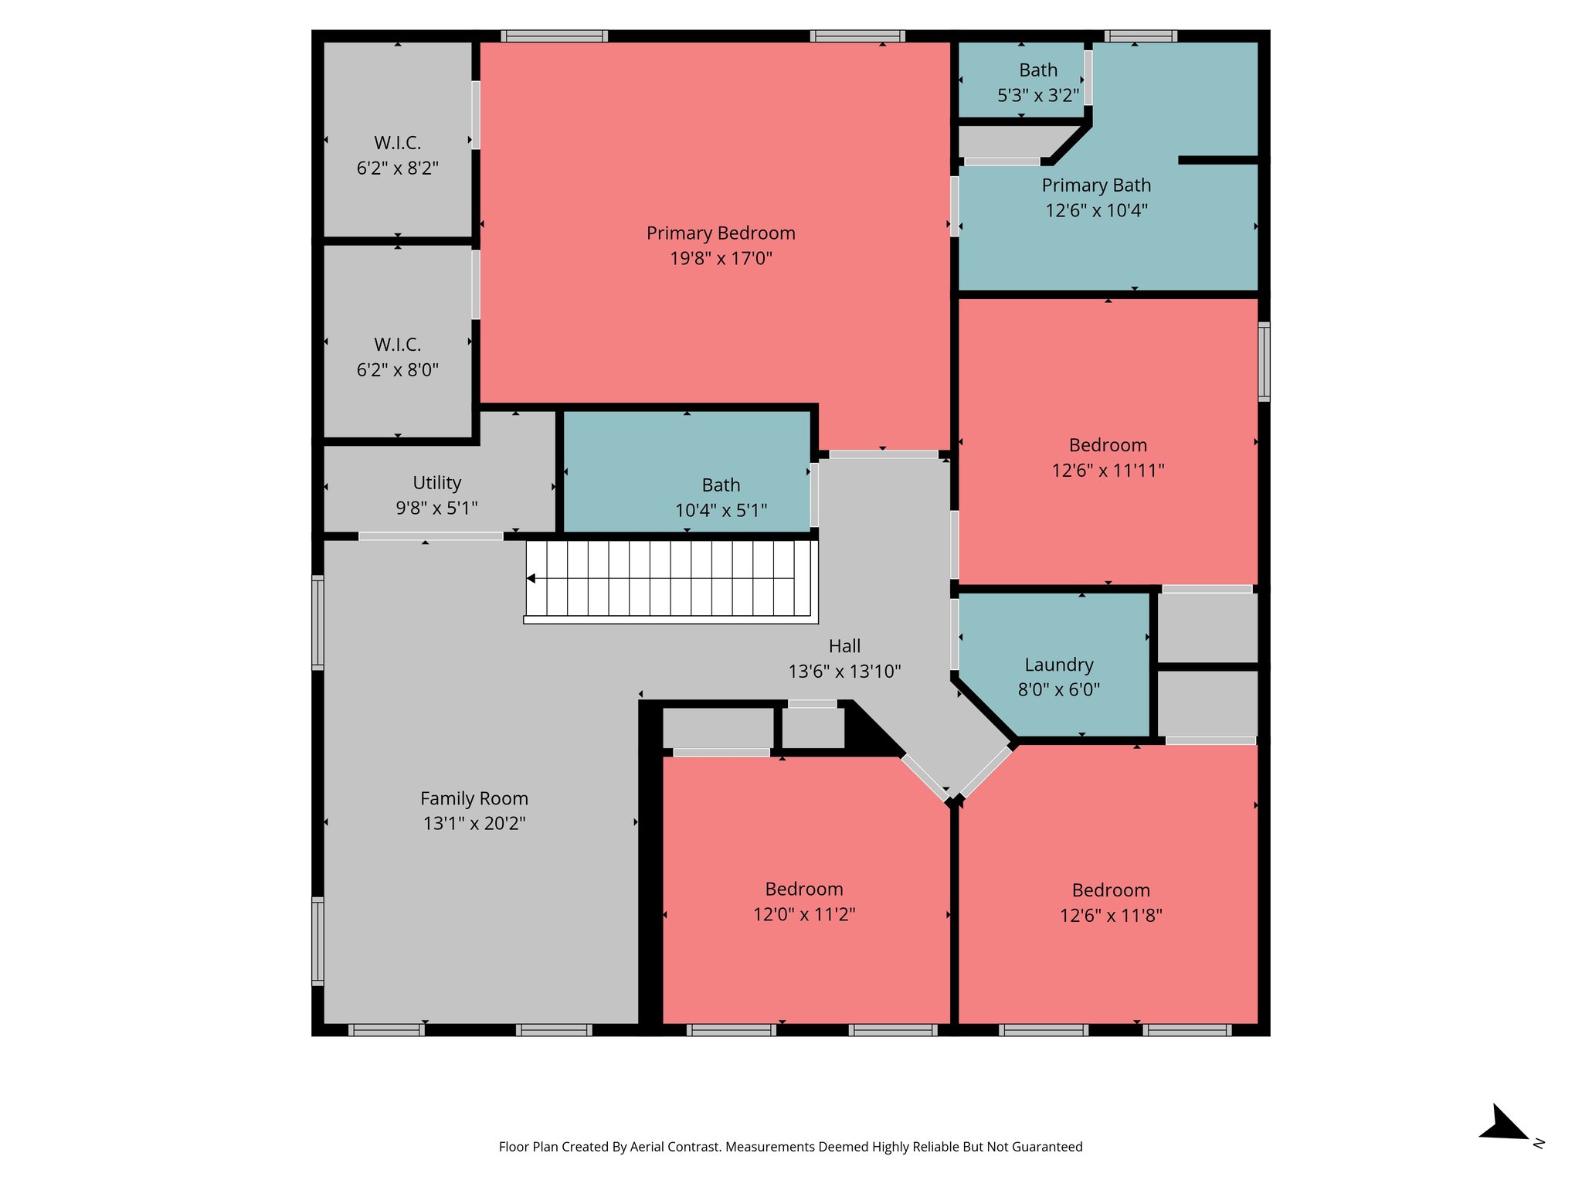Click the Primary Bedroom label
tap(720, 233)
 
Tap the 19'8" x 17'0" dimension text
tap(720, 258)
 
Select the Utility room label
tap(436, 483)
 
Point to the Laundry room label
tap(1058, 665)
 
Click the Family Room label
tap(474, 798)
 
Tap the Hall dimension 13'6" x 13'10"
tap(844, 672)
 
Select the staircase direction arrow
tap(531, 578)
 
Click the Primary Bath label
tap(1095, 185)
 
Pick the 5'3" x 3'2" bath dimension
tap(1037, 96)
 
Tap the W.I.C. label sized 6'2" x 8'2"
tap(397, 143)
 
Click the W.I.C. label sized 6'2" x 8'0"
tap(397, 345)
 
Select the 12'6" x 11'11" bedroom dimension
tap(1107, 470)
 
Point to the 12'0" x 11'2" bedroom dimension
tap(803, 914)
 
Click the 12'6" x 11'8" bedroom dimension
tap(1110, 916)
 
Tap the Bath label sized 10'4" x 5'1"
tap(720, 485)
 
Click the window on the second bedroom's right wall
tap(1263, 362)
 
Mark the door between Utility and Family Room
tap(430, 536)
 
